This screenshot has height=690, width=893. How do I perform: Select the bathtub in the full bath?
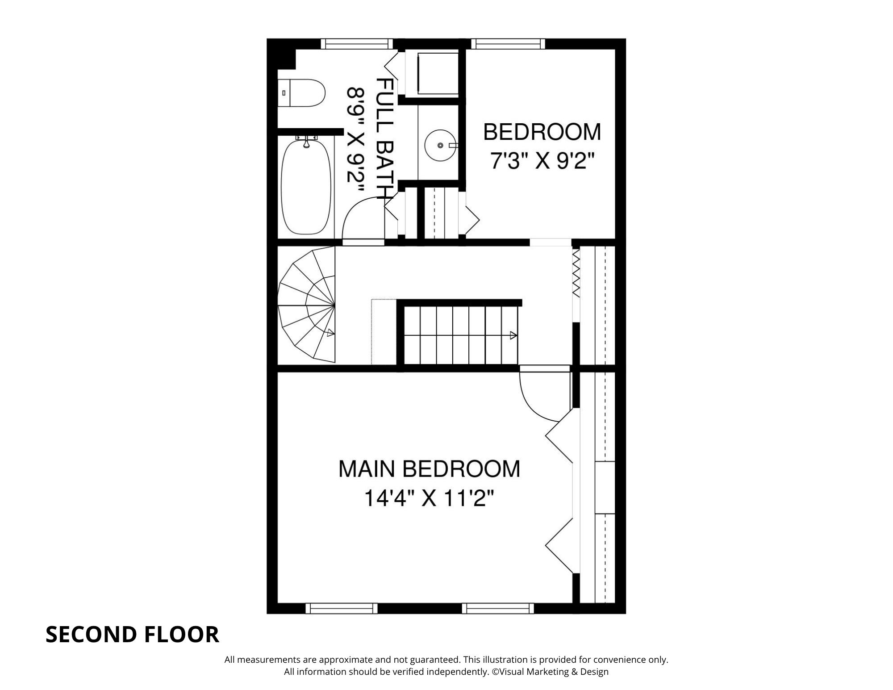(x=306, y=187)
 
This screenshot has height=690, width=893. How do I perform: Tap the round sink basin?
(x=440, y=145)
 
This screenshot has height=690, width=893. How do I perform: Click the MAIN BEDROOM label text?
(x=429, y=469)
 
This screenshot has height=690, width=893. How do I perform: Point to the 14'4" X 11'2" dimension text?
(x=429, y=499)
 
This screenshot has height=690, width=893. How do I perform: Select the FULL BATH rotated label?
(x=384, y=138)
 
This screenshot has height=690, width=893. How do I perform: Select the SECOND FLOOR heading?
(x=132, y=635)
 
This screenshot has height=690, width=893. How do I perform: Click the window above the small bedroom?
(x=508, y=44)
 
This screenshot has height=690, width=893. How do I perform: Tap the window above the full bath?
(x=357, y=44)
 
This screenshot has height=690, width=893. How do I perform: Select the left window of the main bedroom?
(x=342, y=608)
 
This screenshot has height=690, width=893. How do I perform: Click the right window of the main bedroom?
(x=498, y=608)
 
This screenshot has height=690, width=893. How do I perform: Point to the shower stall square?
(x=437, y=74)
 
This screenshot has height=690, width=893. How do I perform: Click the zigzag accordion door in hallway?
(x=576, y=273)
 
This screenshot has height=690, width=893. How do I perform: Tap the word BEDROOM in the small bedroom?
(x=542, y=132)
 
